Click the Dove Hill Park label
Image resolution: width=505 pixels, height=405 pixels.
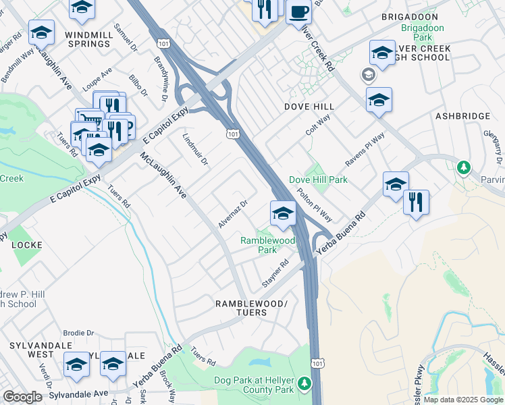coord(318,180)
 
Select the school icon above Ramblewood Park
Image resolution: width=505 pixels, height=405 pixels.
coord(283,215)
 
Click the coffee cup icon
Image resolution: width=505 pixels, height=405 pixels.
coord(298,11)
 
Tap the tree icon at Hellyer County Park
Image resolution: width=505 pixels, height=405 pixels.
coord(304,384)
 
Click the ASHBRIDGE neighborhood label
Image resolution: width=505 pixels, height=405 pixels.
coord(462,116)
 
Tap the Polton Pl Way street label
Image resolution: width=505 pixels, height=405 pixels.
coord(314,205)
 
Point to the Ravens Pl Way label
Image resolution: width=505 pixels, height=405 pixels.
coord(365,150)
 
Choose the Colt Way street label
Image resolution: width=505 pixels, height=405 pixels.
coord(318,124)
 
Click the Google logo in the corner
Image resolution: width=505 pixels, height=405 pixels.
coord(22,397)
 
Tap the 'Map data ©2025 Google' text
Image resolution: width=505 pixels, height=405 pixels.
coord(463,400)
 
